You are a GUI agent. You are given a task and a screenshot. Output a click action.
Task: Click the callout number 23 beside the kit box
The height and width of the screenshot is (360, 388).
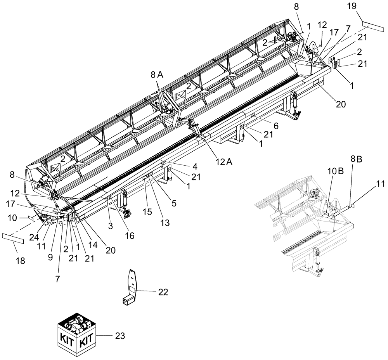pos(120,336)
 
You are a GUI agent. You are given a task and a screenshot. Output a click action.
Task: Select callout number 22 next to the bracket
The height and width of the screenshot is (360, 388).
pos(163,292)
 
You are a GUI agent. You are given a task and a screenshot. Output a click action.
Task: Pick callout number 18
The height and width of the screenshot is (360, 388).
pos(20,261)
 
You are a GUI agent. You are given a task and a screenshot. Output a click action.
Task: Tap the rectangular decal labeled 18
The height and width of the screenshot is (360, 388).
pos(13,238)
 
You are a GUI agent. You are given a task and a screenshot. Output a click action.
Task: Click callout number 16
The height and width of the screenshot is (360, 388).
pos(130,235)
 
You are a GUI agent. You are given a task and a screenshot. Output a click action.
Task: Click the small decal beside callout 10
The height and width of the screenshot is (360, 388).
pos(30,218)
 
